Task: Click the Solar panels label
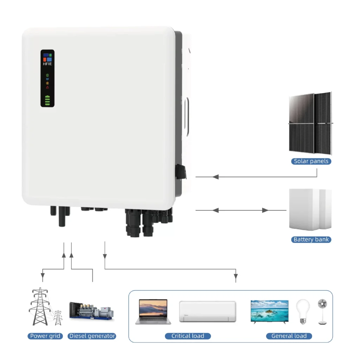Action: (311, 161)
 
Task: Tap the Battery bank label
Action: (311, 240)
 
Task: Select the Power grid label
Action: (46, 336)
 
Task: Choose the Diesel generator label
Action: (92, 336)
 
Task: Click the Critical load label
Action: (188, 336)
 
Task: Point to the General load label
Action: (289, 336)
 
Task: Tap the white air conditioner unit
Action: (207, 311)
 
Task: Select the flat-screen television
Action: (269, 311)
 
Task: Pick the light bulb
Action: (303, 311)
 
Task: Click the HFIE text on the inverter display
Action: (47, 64)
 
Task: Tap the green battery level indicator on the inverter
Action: (47, 101)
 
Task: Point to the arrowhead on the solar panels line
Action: (216, 177)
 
